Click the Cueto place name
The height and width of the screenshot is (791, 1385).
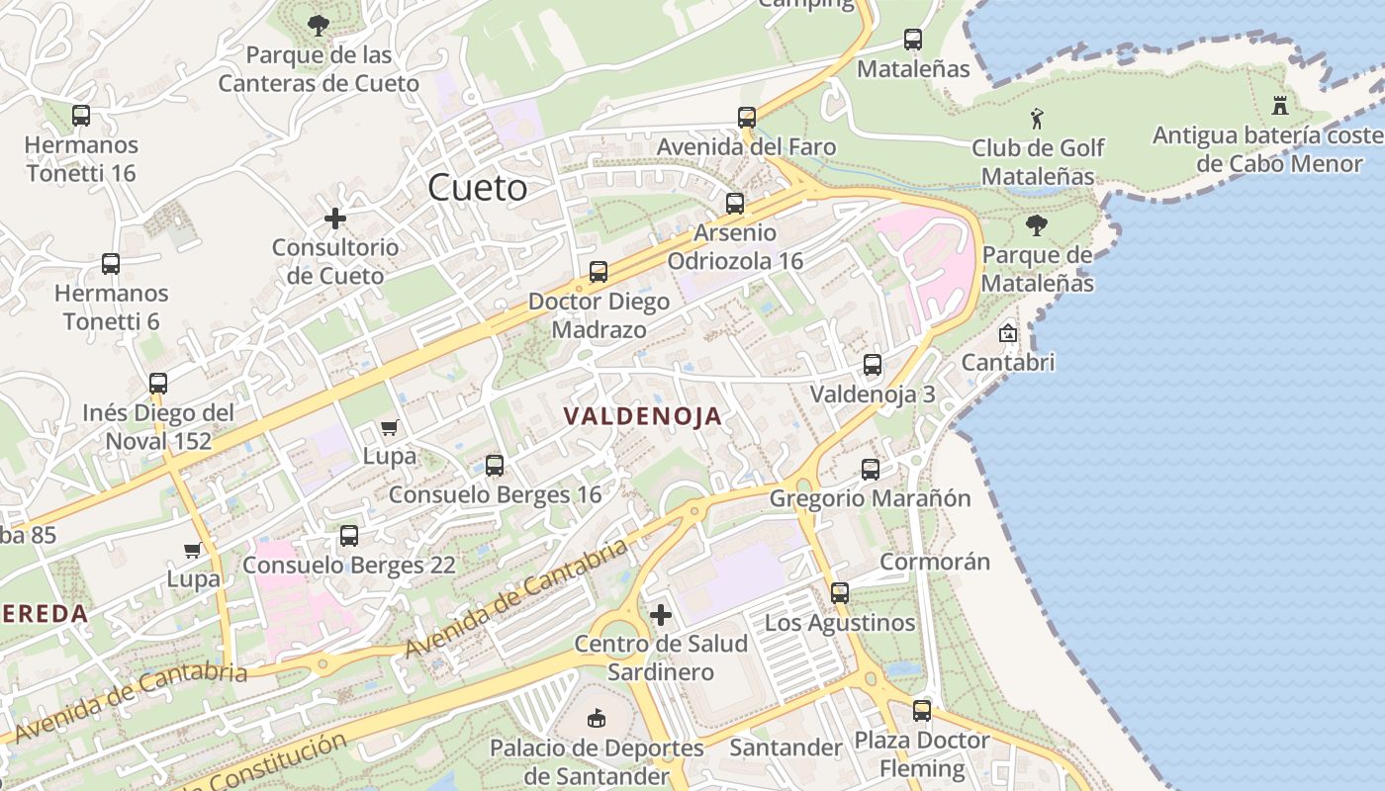pyautogui.click(x=477, y=188)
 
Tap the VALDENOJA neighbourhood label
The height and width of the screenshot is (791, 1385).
pyautogui.click(x=643, y=417)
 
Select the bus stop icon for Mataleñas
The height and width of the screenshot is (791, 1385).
pyautogui.click(x=913, y=41)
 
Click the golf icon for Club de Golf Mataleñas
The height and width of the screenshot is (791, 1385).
pyautogui.click(x=1037, y=120)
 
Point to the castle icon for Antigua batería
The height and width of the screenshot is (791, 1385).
pyautogui.click(x=1281, y=106)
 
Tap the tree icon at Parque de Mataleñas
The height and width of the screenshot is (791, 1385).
pyautogui.click(x=1036, y=226)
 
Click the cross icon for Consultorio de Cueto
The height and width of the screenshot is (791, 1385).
pyautogui.click(x=335, y=218)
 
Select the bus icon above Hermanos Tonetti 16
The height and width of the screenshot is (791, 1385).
pyautogui.click(x=81, y=116)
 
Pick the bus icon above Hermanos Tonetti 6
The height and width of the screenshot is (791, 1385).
pyautogui.click(x=111, y=264)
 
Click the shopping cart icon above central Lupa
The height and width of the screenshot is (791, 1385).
pyautogui.click(x=389, y=428)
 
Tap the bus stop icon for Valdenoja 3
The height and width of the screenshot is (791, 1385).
pyautogui.click(x=873, y=365)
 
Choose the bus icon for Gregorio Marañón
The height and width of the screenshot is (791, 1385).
pyautogui.click(x=871, y=470)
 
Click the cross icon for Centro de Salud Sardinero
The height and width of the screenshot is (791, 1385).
pyautogui.click(x=660, y=615)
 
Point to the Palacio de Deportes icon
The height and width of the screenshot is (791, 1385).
pyautogui.click(x=596, y=718)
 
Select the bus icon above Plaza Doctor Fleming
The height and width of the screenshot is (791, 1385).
pyautogui.click(x=922, y=711)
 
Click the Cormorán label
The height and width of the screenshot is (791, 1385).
pyautogui.click(x=934, y=562)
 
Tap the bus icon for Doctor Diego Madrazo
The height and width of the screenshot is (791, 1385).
pyautogui.click(x=599, y=272)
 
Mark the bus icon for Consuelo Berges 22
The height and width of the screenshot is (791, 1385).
pyautogui.click(x=349, y=536)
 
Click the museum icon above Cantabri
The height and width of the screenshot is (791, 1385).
pyautogui.click(x=1008, y=333)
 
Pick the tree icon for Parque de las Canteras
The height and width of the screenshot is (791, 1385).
pyautogui.click(x=319, y=25)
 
